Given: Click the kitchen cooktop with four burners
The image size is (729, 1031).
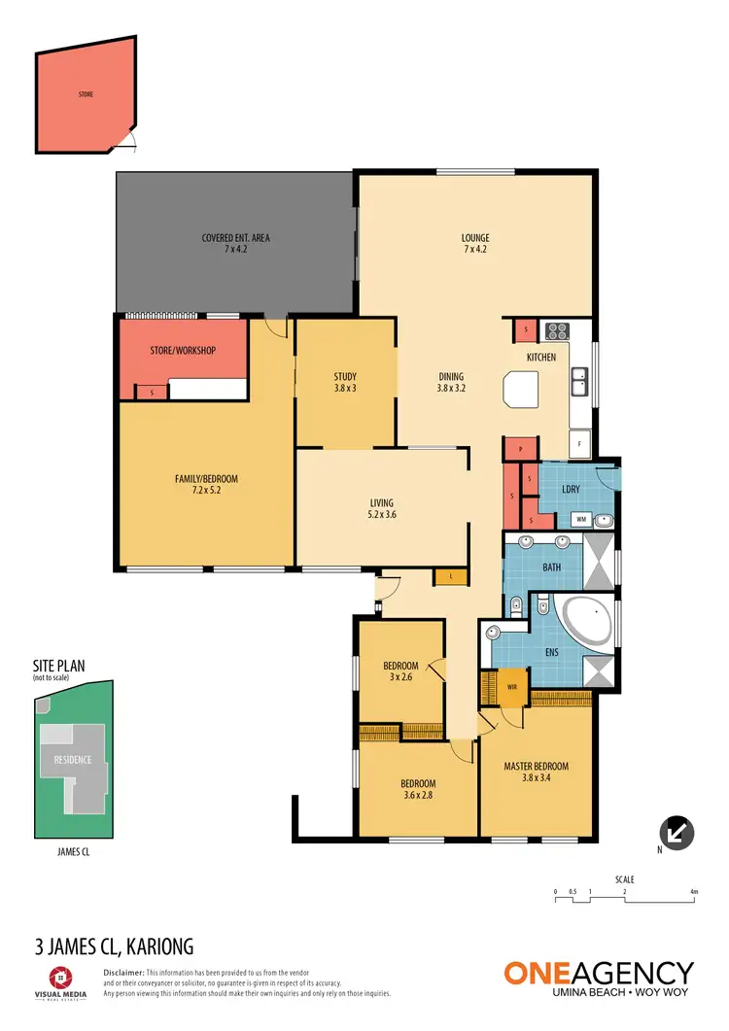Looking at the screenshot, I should (558, 330).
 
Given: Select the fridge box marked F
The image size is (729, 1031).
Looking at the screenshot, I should (579, 443).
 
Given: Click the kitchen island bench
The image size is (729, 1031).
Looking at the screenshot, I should (519, 393).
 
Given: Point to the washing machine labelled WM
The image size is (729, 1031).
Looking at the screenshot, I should (580, 520).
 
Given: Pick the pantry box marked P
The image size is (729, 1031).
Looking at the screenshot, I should (520, 449).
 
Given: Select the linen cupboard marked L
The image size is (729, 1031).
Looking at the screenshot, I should (451, 577).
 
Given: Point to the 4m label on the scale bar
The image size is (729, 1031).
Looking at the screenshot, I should (693, 891).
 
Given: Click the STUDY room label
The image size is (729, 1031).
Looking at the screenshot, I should (345, 377).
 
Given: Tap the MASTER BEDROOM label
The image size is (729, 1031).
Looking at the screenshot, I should (536, 767).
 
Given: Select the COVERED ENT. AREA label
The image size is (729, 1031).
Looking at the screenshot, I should (235, 238).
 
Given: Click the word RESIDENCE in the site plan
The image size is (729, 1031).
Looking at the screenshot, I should (72, 760).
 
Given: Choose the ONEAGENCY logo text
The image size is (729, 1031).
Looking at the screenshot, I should (598, 973).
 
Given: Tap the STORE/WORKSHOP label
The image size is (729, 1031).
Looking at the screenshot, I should (182, 351).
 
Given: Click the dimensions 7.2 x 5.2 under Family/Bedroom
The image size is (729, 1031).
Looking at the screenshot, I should (205, 491).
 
